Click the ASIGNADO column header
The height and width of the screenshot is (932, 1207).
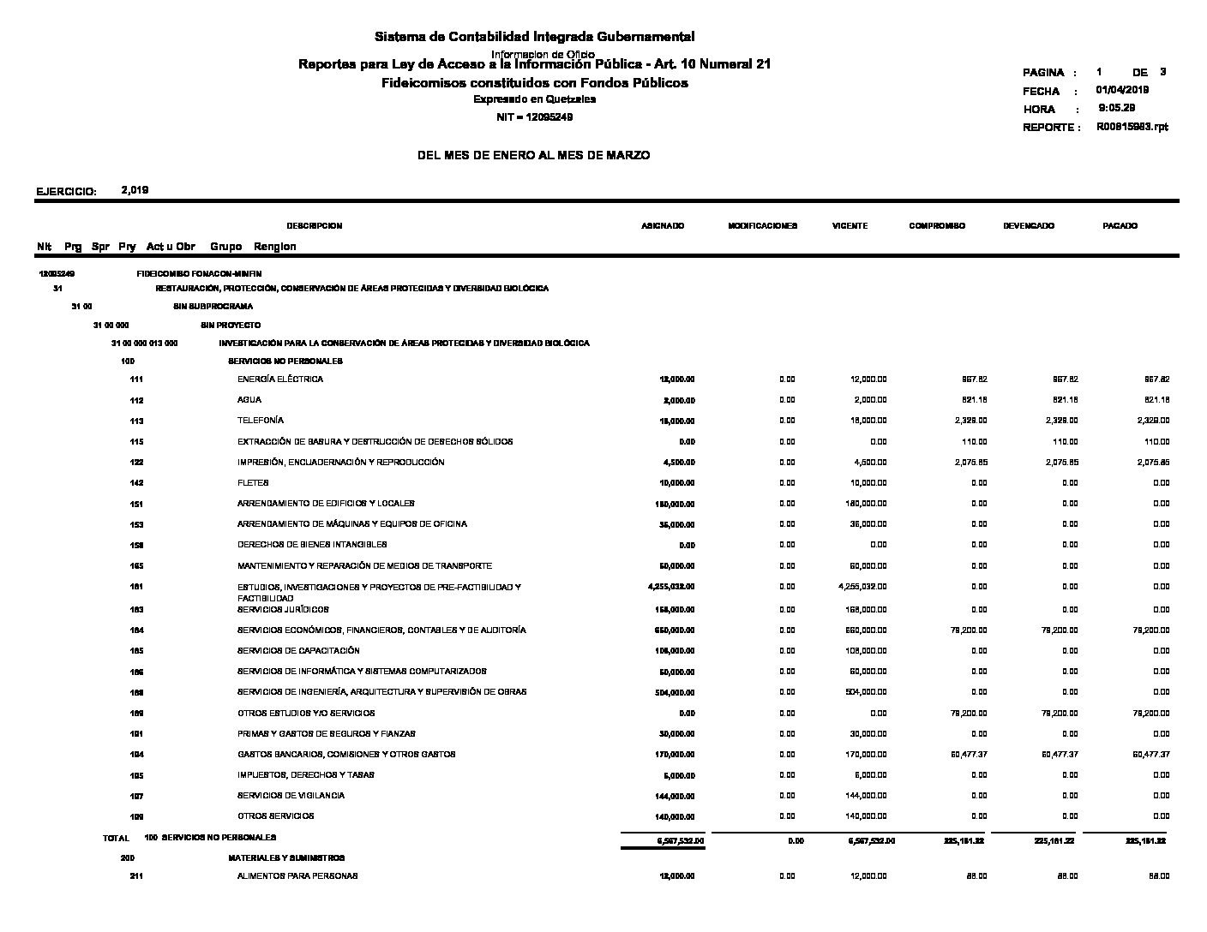click(x=663, y=226)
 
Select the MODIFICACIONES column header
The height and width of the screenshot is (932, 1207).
click(x=762, y=226)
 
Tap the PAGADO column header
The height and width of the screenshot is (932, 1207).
click(x=1120, y=226)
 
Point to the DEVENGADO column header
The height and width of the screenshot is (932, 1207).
click(x=1029, y=226)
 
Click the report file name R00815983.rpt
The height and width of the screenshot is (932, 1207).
click(x=1132, y=127)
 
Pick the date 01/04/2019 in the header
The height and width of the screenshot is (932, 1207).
click(x=1122, y=90)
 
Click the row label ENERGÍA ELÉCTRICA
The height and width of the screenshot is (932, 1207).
click(x=280, y=379)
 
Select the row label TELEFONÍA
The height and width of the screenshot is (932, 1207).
click(x=261, y=421)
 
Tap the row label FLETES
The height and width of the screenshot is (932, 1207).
click(x=253, y=482)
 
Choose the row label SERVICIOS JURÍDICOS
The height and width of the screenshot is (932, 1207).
click(x=283, y=610)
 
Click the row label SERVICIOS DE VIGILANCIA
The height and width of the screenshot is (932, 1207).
click(x=291, y=796)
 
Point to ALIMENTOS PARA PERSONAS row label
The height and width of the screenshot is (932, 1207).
click(x=297, y=876)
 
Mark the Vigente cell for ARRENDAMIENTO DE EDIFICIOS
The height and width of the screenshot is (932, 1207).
click(x=866, y=504)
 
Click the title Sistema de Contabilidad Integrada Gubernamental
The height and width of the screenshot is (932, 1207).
click(x=534, y=37)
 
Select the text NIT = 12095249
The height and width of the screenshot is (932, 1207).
click(x=535, y=117)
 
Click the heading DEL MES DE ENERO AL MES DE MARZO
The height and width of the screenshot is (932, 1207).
click(x=533, y=156)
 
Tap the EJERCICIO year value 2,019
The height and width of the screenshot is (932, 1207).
click(x=135, y=190)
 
